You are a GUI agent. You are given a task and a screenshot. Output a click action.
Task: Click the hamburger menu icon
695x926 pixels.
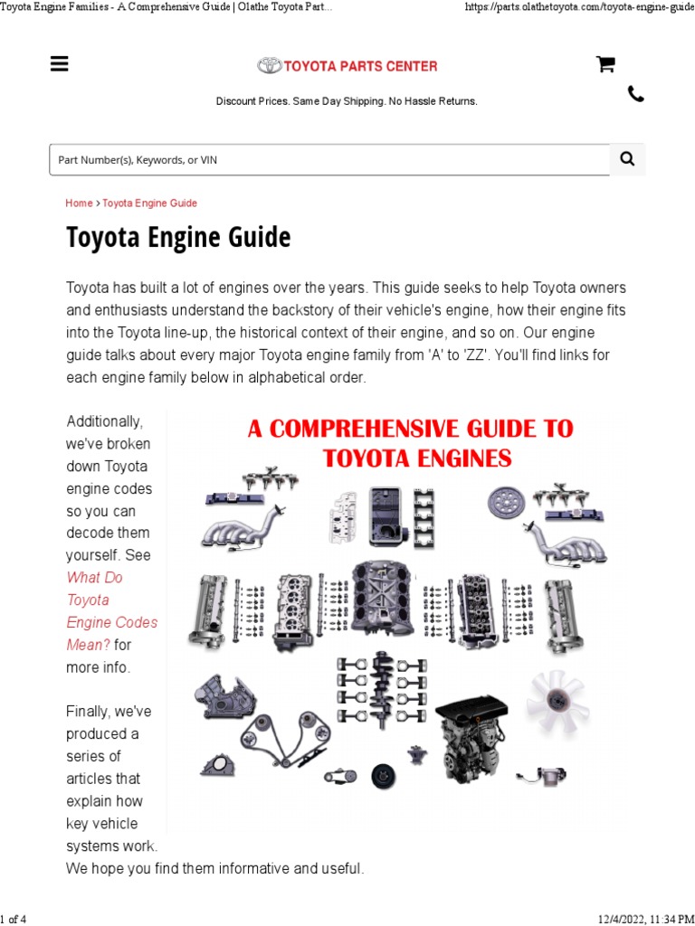pyautogui.click(x=60, y=63)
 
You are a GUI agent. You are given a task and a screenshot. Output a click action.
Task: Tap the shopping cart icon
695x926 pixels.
pyautogui.click(x=605, y=63)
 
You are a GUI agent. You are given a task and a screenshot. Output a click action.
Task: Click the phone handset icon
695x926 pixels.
pyautogui.click(x=636, y=94)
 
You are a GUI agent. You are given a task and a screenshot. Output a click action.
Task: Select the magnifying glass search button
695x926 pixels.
pyautogui.click(x=627, y=159)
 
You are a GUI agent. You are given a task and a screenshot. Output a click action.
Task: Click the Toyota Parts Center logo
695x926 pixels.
pyautogui.click(x=347, y=66)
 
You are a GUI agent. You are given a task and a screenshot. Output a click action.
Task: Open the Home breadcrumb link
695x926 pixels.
pyautogui.click(x=79, y=203)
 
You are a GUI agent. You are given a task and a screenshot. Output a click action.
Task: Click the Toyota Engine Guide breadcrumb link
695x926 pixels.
pyautogui.click(x=149, y=203)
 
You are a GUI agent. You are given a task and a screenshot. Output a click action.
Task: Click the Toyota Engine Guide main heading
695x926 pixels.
pyautogui.click(x=178, y=238)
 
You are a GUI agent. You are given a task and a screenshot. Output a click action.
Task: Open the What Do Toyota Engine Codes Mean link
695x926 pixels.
pyautogui.click(x=110, y=611)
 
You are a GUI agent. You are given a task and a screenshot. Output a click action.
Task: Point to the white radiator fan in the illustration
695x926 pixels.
pyautogui.click(x=557, y=702)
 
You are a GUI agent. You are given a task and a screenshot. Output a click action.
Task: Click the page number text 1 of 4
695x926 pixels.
pyautogui.click(x=14, y=919)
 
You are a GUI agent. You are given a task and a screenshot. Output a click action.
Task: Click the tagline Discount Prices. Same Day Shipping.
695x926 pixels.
pyautogui.click(x=347, y=101)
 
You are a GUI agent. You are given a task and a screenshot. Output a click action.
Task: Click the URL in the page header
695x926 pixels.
pyautogui.click(x=579, y=7)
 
